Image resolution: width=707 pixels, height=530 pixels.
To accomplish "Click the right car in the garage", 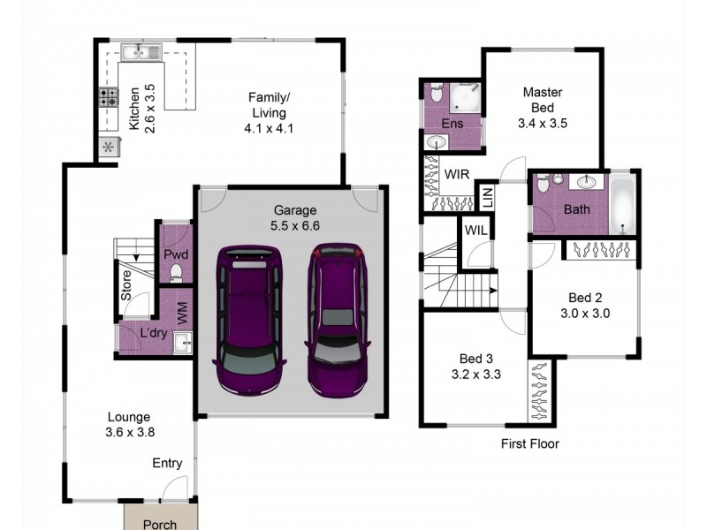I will click(336, 320).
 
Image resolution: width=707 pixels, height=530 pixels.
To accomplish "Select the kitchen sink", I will click(141, 51).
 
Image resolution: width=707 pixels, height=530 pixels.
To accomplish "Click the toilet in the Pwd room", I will click(176, 271).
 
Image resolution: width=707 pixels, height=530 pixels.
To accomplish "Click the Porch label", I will click(160, 524).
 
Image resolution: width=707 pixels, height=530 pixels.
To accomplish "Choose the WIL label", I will click(475, 231).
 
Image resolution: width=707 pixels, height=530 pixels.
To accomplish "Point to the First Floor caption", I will click(529, 444).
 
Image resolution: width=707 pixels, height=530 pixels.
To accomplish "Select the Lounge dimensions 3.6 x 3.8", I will click(129, 432).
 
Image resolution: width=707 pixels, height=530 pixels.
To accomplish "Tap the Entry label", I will click(167, 463).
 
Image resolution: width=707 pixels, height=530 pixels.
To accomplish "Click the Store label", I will click(127, 285).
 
